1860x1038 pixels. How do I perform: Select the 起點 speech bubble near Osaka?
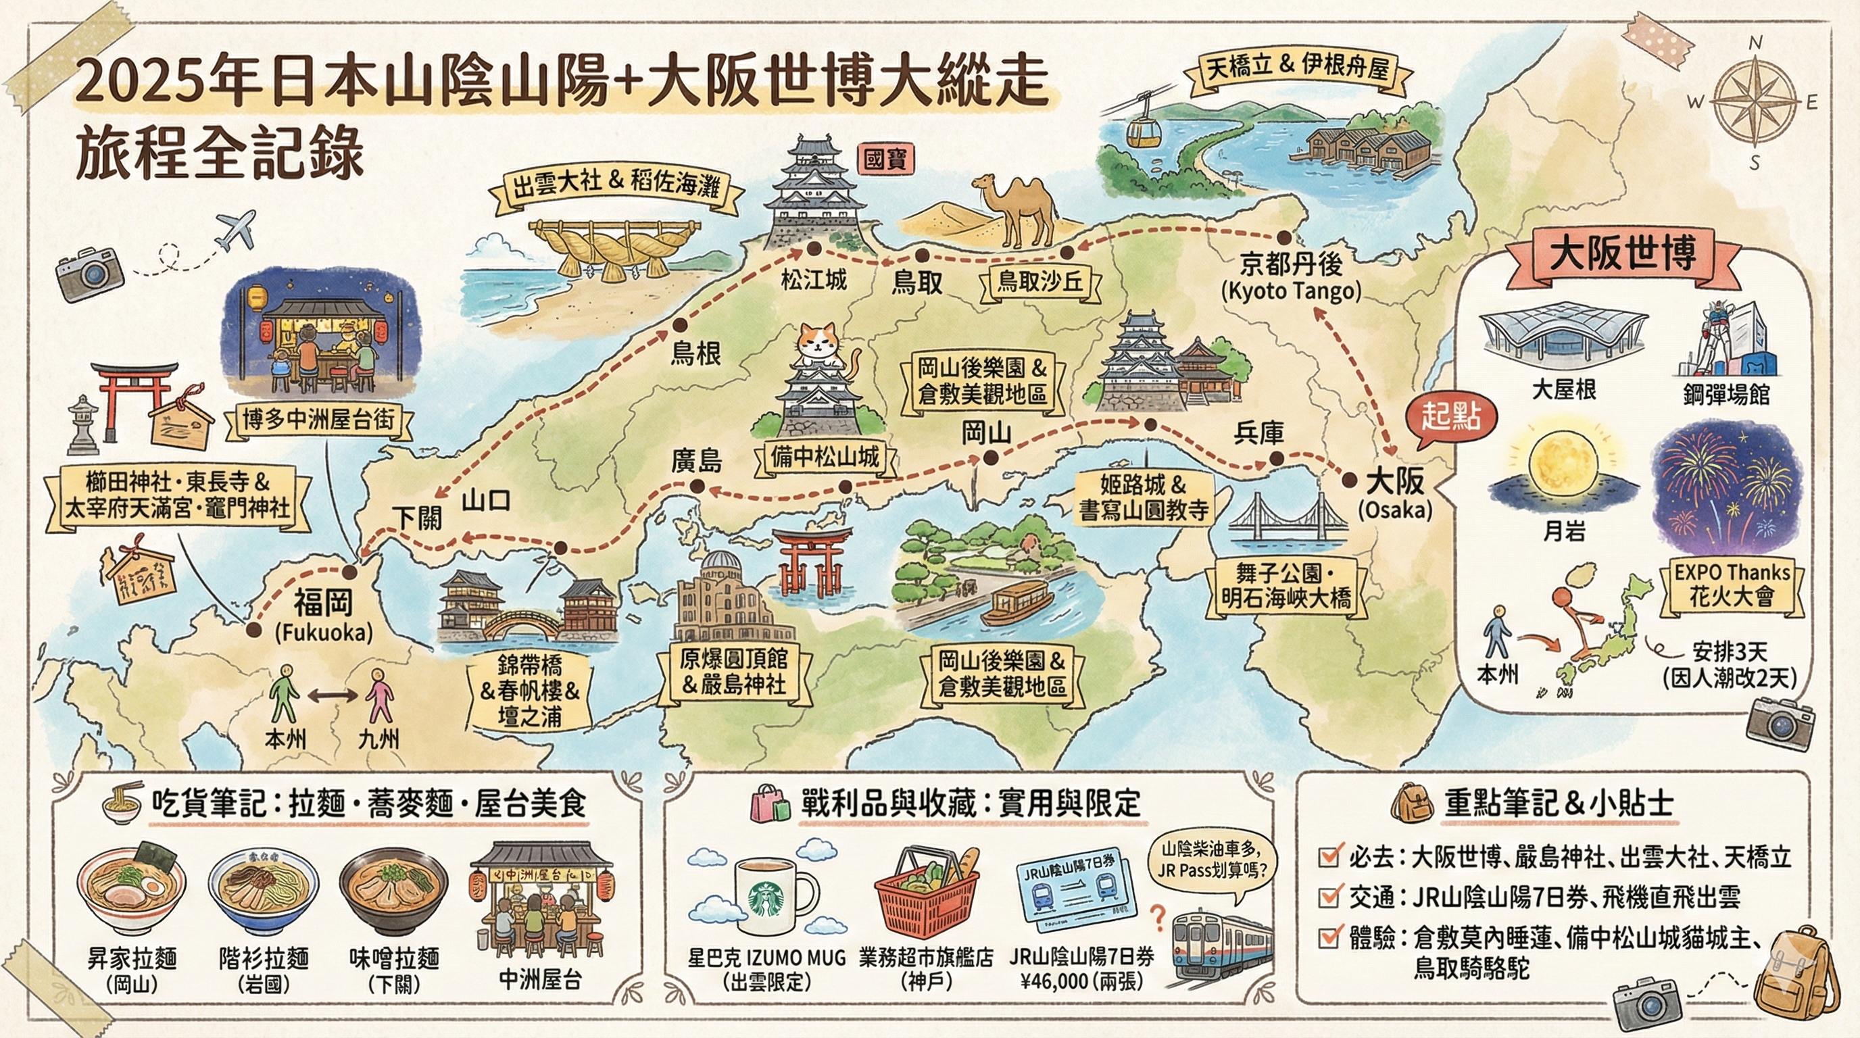pos(1452,418)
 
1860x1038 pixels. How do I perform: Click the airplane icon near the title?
pos(236,230)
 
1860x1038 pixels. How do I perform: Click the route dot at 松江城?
pos(814,249)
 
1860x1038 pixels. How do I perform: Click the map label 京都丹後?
pos(1290,265)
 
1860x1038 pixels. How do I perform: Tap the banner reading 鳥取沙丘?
pos(1039,282)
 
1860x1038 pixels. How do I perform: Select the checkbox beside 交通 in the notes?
pos(1328,897)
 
